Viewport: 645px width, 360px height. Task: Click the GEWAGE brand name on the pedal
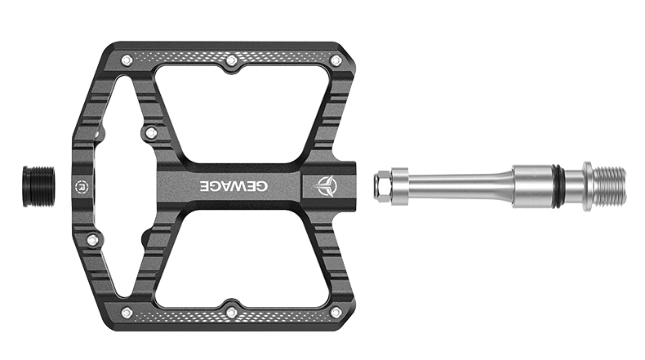[x=234, y=186]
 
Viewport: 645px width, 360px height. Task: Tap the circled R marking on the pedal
[x=81, y=186]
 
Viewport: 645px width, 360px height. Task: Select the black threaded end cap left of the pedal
[x=38, y=186]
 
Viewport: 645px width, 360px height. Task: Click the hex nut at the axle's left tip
[x=382, y=186]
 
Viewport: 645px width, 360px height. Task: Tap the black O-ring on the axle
[x=560, y=186]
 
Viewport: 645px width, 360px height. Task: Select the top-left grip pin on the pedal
[x=127, y=61]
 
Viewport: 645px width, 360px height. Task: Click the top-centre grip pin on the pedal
[x=232, y=61]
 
